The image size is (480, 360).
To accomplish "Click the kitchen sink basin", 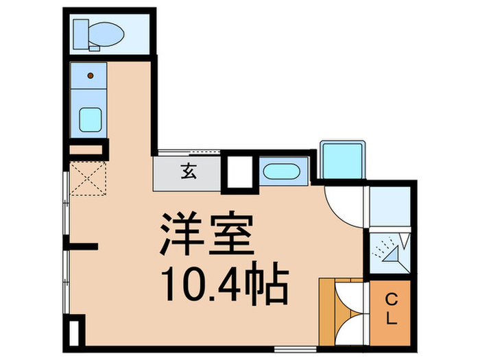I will coord(91,120).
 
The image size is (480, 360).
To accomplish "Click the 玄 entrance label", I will coord(188,172).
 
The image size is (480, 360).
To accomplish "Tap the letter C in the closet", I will coord(392,300).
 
